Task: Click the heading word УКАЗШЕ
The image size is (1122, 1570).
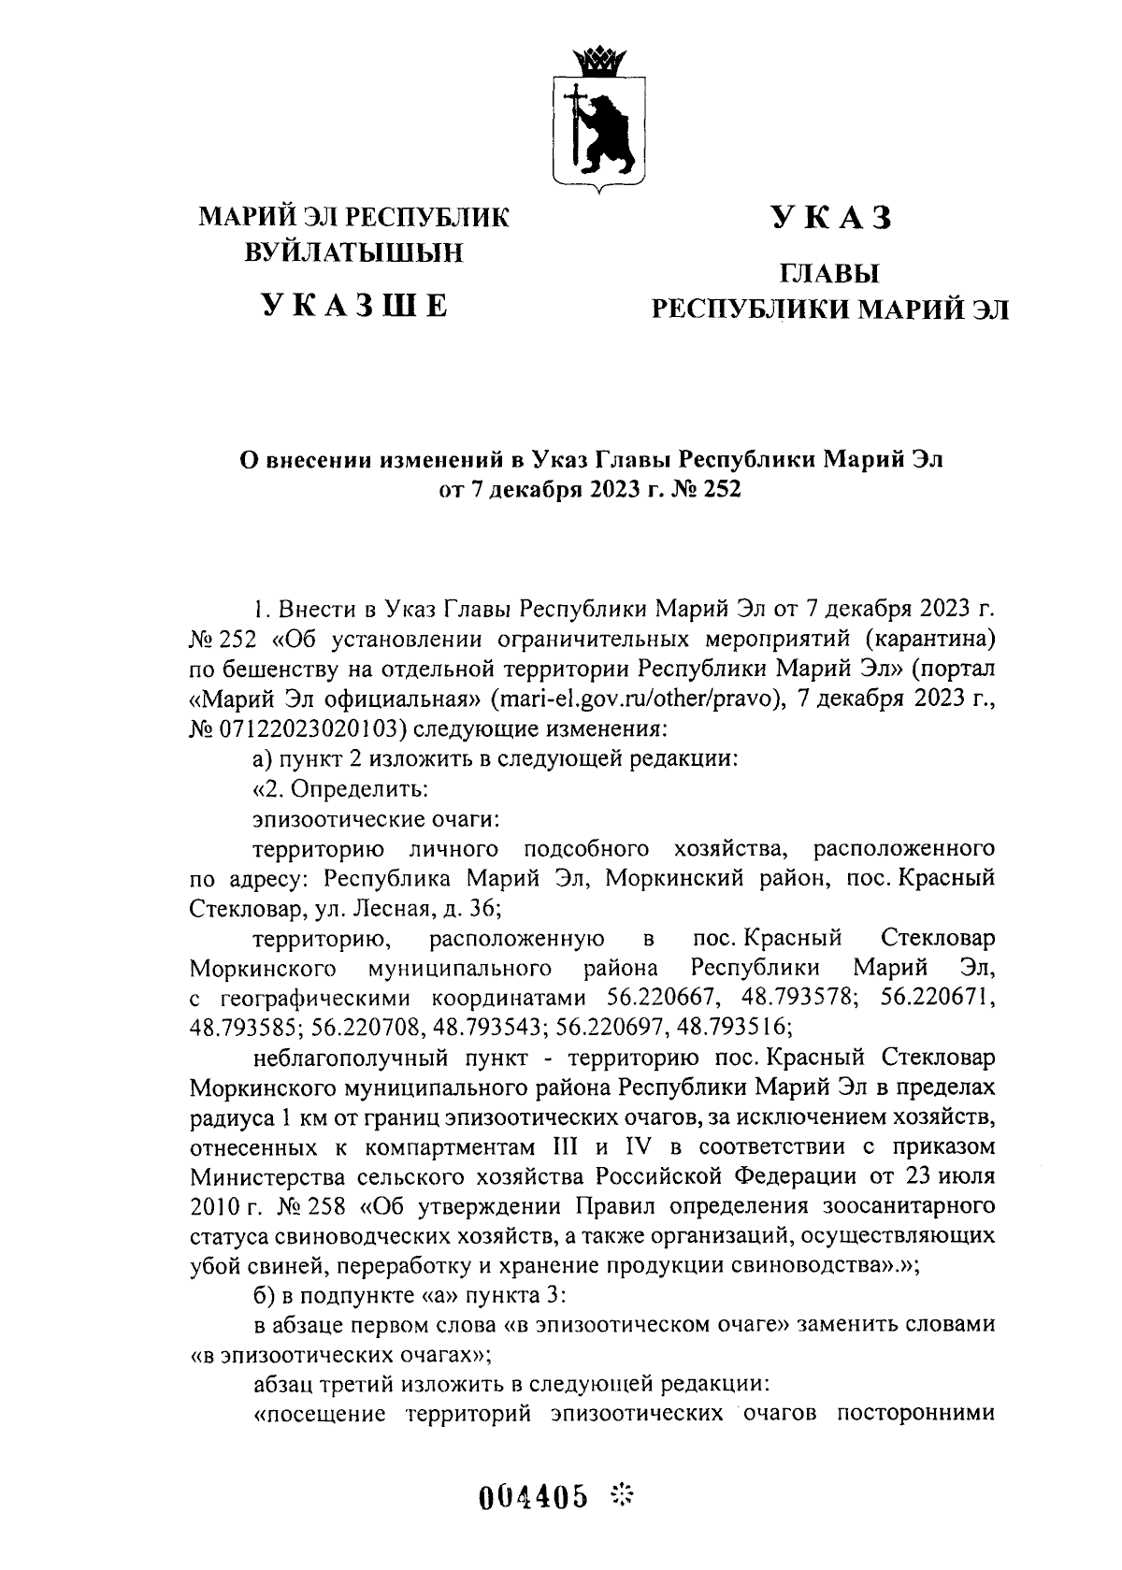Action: pos(354,306)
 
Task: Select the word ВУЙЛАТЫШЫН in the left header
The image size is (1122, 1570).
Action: pos(354,252)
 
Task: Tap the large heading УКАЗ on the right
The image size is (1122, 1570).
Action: pos(831,218)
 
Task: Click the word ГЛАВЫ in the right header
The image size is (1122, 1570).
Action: pos(830,273)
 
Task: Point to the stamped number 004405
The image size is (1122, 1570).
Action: pos(534,1498)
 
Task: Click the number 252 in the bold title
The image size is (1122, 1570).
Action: pos(721,489)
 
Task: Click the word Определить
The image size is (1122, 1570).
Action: pos(359,788)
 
